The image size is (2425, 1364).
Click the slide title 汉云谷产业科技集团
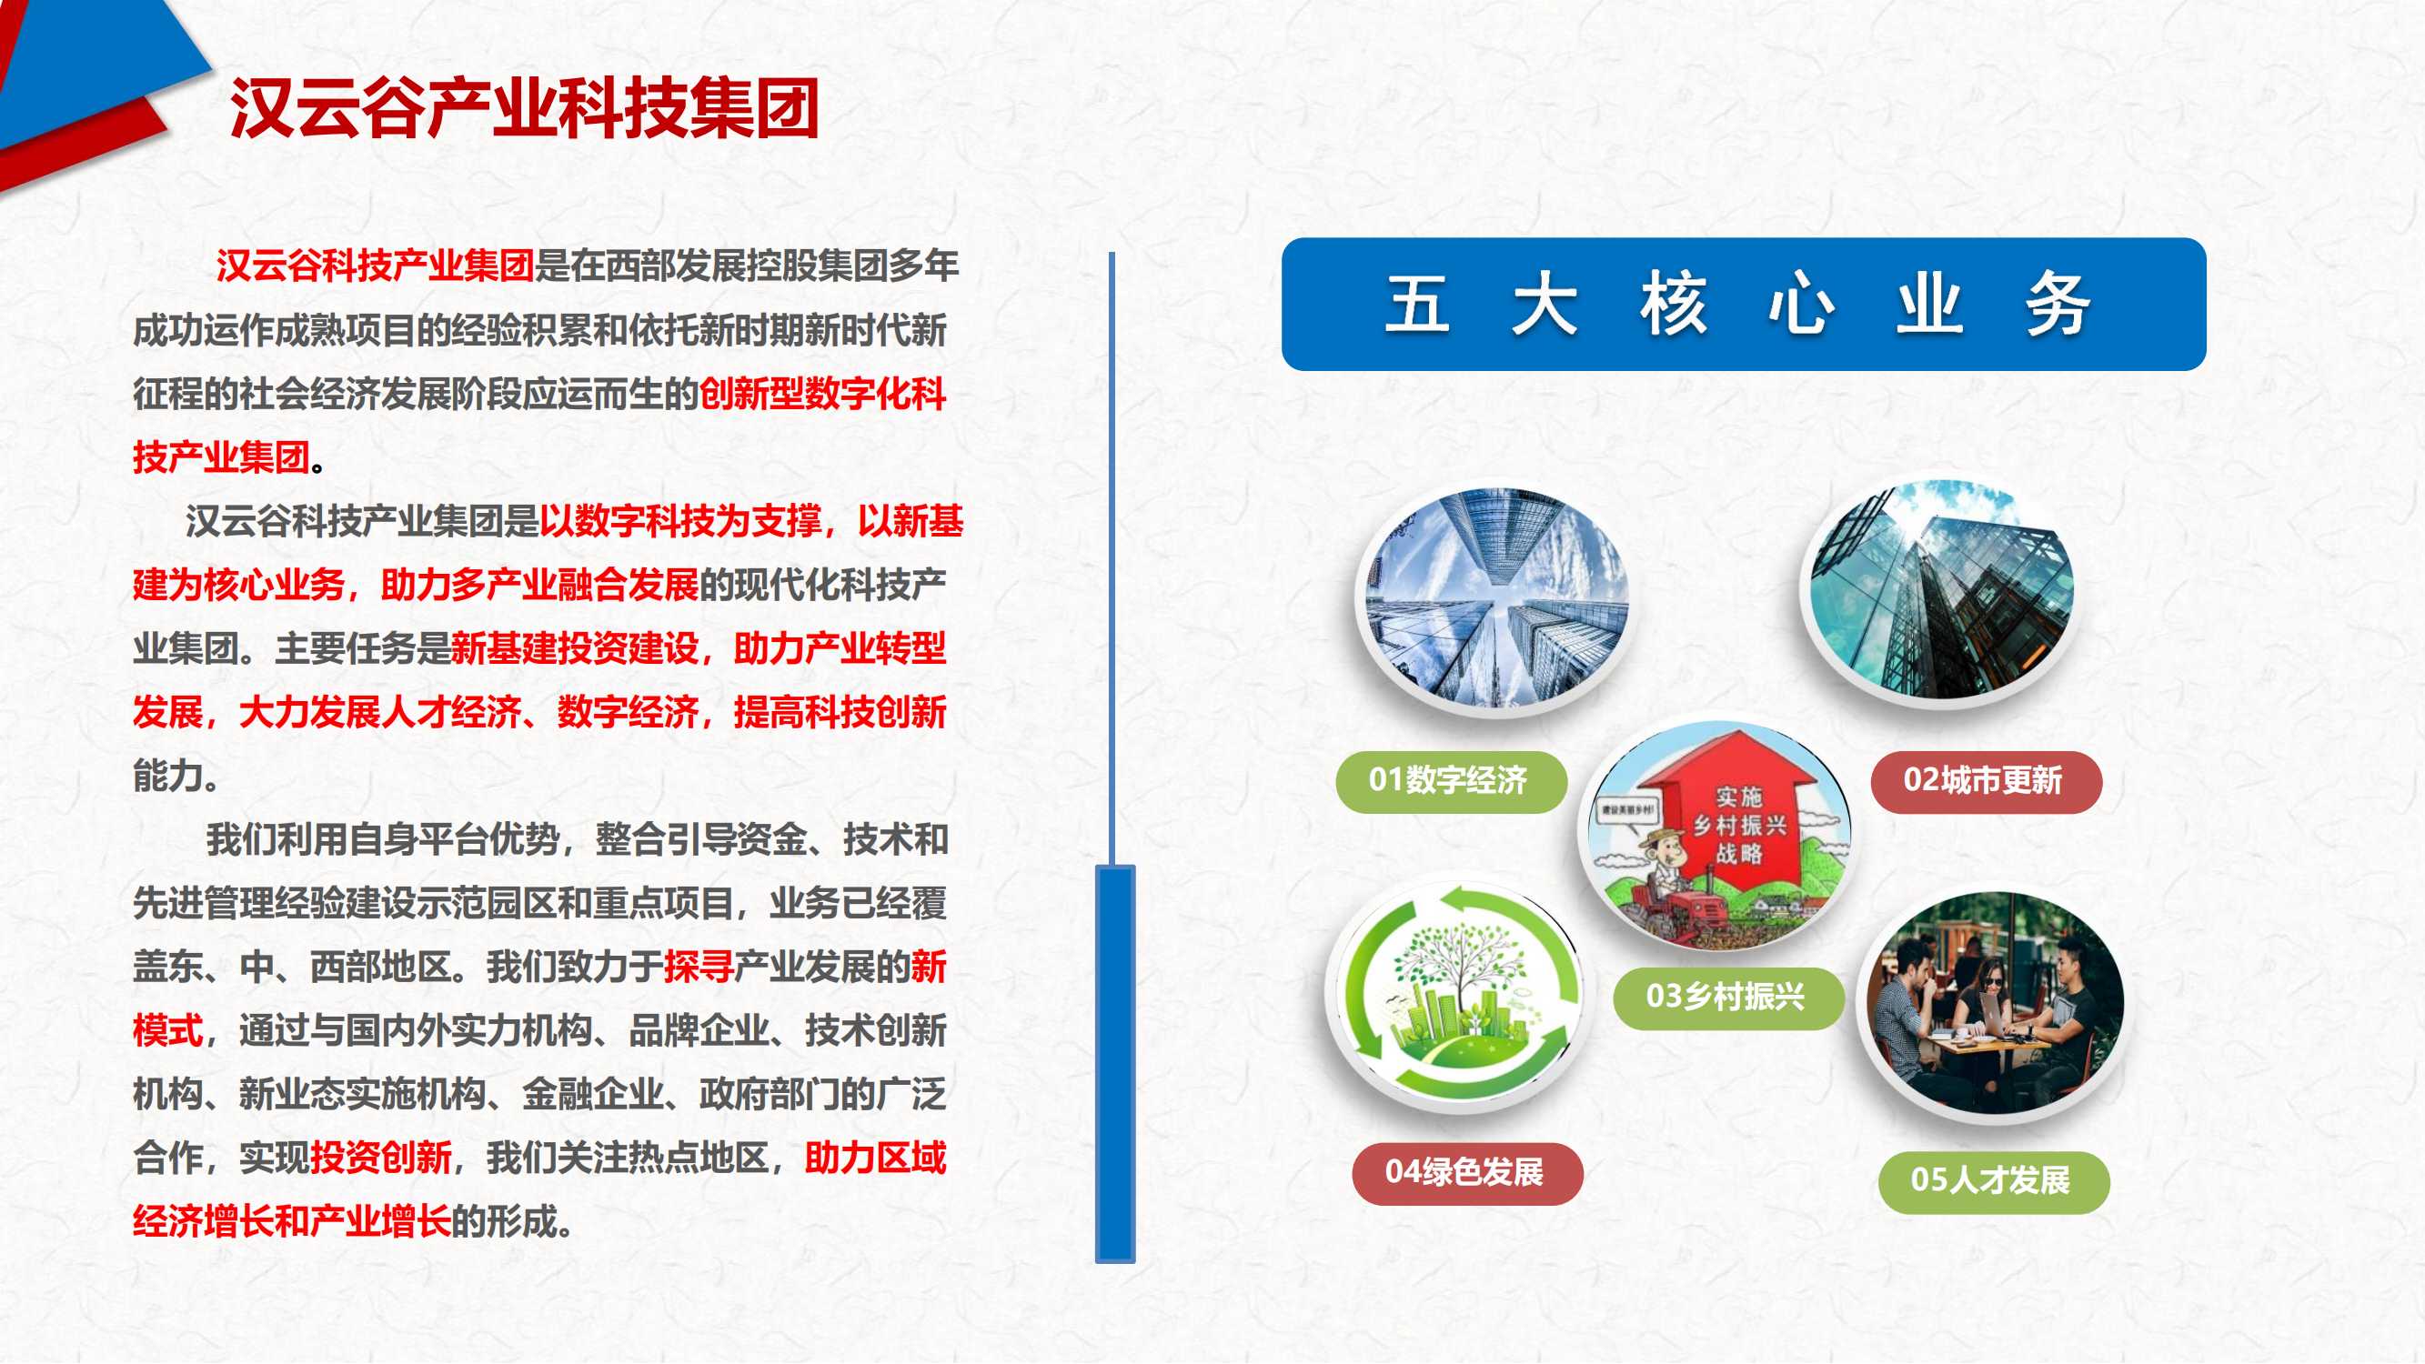coord(524,108)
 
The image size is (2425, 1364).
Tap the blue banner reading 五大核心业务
coord(1744,304)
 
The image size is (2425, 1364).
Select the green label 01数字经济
coord(1451,781)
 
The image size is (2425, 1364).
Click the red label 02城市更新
coord(1987,781)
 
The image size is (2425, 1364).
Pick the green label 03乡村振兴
coord(1727,997)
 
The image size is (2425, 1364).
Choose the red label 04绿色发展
coord(1466,1173)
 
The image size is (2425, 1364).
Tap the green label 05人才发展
coord(1994,1181)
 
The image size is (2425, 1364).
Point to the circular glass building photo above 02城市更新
coord(1941,590)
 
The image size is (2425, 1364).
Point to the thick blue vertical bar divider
coord(1115,1064)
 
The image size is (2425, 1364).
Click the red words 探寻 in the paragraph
coord(699,967)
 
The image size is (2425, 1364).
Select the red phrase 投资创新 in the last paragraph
coord(381,1158)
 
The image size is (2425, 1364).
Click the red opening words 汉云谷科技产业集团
coord(376,266)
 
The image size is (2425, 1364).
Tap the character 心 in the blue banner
coord(1800,304)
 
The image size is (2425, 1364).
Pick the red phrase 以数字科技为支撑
coord(680,520)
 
